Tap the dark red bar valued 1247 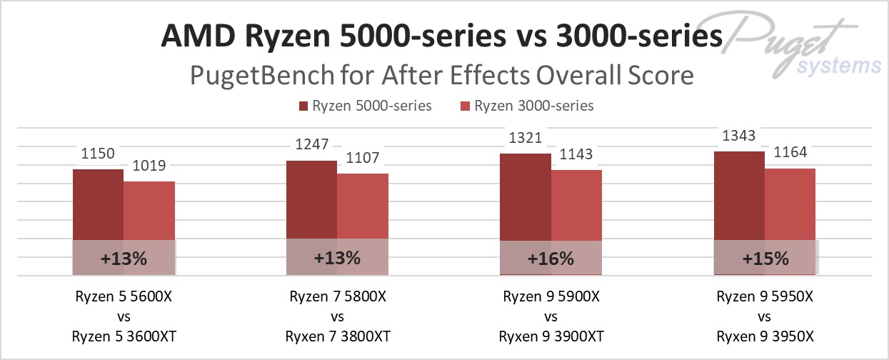pos(311,199)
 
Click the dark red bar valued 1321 pos(525,196)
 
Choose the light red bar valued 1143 pos(576,205)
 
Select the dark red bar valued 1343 pos(739,195)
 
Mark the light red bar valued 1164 pos(790,204)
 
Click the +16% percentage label pos(551,259)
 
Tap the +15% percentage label pos(765,259)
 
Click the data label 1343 pos(739,136)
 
